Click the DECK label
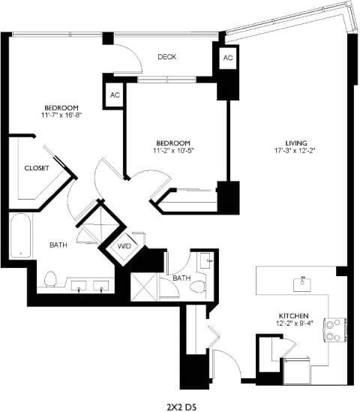pyautogui.click(x=166, y=56)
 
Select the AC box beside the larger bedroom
pyautogui.click(x=115, y=95)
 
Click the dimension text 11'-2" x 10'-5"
pyautogui.click(x=172, y=151)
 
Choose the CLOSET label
pyautogui.click(x=37, y=168)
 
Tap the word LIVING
pyautogui.click(x=295, y=143)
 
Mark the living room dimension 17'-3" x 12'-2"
pyautogui.click(x=295, y=151)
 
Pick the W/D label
pyautogui.click(x=124, y=245)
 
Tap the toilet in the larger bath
pyautogui.click(x=51, y=279)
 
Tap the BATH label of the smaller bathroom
pyautogui.click(x=181, y=278)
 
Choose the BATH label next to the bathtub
pyautogui.click(x=58, y=245)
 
